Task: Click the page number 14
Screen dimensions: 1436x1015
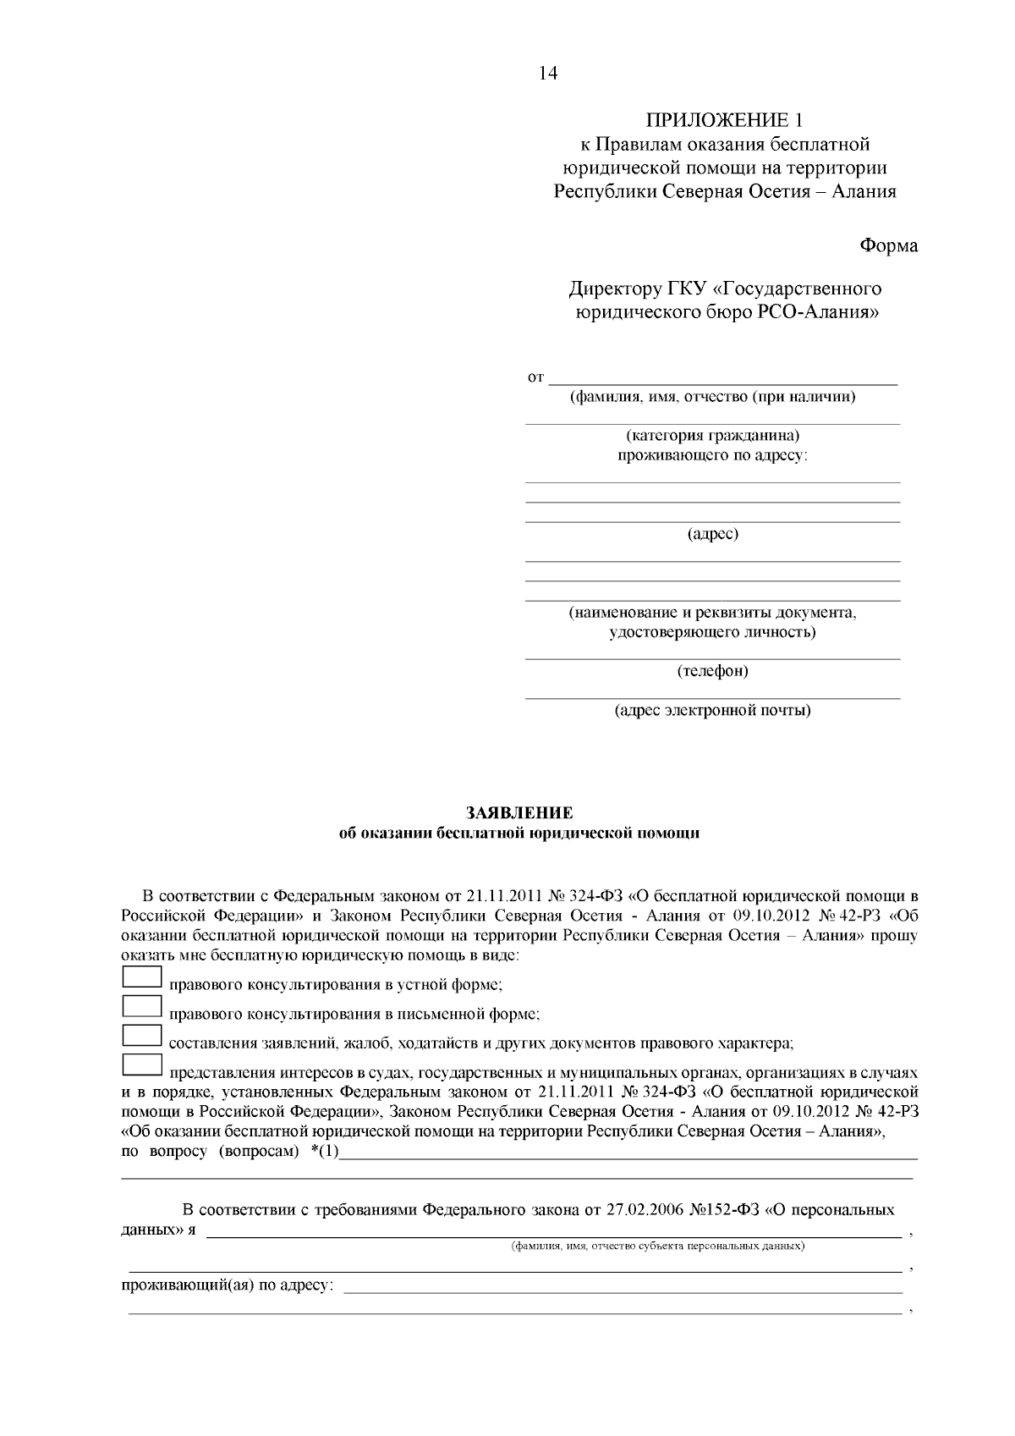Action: (x=548, y=74)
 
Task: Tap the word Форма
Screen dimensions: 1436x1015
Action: (x=888, y=246)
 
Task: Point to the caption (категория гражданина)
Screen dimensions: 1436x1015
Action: (x=712, y=436)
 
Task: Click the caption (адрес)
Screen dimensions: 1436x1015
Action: (x=712, y=534)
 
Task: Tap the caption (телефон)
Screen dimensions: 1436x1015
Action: (x=712, y=671)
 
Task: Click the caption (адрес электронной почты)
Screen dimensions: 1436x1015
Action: (x=712, y=710)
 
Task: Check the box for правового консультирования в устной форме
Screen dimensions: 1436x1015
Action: (x=142, y=977)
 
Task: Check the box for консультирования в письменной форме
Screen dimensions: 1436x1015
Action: (x=142, y=1006)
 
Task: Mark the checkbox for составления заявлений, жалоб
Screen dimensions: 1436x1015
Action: (x=142, y=1035)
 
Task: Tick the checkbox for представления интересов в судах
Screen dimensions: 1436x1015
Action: (x=142, y=1065)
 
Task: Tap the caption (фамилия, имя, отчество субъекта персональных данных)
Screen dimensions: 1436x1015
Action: (x=657, y=1246)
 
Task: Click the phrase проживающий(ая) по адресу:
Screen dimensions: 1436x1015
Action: (x=228, y=1286)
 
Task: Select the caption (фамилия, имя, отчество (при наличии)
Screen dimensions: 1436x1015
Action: (x=712, y=397)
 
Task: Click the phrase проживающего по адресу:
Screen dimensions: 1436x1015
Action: (x=712, y=456)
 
